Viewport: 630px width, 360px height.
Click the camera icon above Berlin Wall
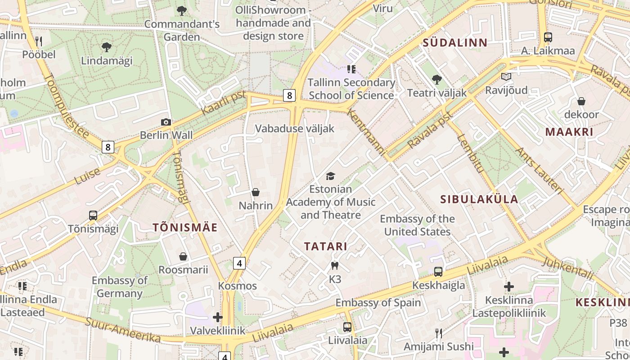166,122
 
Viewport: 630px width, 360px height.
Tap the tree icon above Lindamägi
107,47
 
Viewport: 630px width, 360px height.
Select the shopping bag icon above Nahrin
256,193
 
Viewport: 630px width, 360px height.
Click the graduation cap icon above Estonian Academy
331,176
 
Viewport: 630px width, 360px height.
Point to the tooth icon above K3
334,266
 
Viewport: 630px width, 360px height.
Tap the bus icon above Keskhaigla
438,272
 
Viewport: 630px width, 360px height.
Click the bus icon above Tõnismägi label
93,216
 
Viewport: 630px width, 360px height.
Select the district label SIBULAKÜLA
479,199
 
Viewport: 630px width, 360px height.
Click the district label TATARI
325,247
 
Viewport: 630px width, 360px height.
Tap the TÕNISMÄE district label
185,228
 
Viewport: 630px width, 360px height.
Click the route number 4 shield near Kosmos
239,263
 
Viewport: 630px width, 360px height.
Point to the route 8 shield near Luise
108,147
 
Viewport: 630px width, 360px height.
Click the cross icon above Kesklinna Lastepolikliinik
509,287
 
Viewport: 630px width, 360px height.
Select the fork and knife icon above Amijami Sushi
439,333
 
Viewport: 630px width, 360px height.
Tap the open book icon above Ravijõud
506,77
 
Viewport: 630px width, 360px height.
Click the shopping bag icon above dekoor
581,101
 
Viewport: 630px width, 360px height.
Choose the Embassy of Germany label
120,287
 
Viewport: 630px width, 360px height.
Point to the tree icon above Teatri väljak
436,80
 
